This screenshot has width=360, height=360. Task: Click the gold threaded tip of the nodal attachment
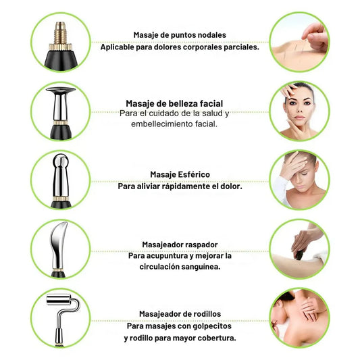coord(60,32)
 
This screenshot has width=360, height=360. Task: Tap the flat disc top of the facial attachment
coord(61,90)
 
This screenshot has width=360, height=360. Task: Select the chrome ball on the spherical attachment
coord(61,161)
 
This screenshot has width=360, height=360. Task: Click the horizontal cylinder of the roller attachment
coord(59,299)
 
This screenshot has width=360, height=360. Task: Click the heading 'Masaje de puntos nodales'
coord(180,35)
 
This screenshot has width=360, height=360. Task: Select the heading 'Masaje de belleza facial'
coord(174,103)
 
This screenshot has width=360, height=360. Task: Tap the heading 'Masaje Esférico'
coord(180,174)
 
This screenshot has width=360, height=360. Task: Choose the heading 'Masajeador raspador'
coord(180,245)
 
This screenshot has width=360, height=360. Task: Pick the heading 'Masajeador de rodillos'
coord(180,314)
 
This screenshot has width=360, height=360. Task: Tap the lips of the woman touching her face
coord(300,118)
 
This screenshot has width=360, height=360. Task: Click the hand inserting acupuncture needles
coord(315,36)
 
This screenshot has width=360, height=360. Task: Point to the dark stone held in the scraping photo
coord(299,255)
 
